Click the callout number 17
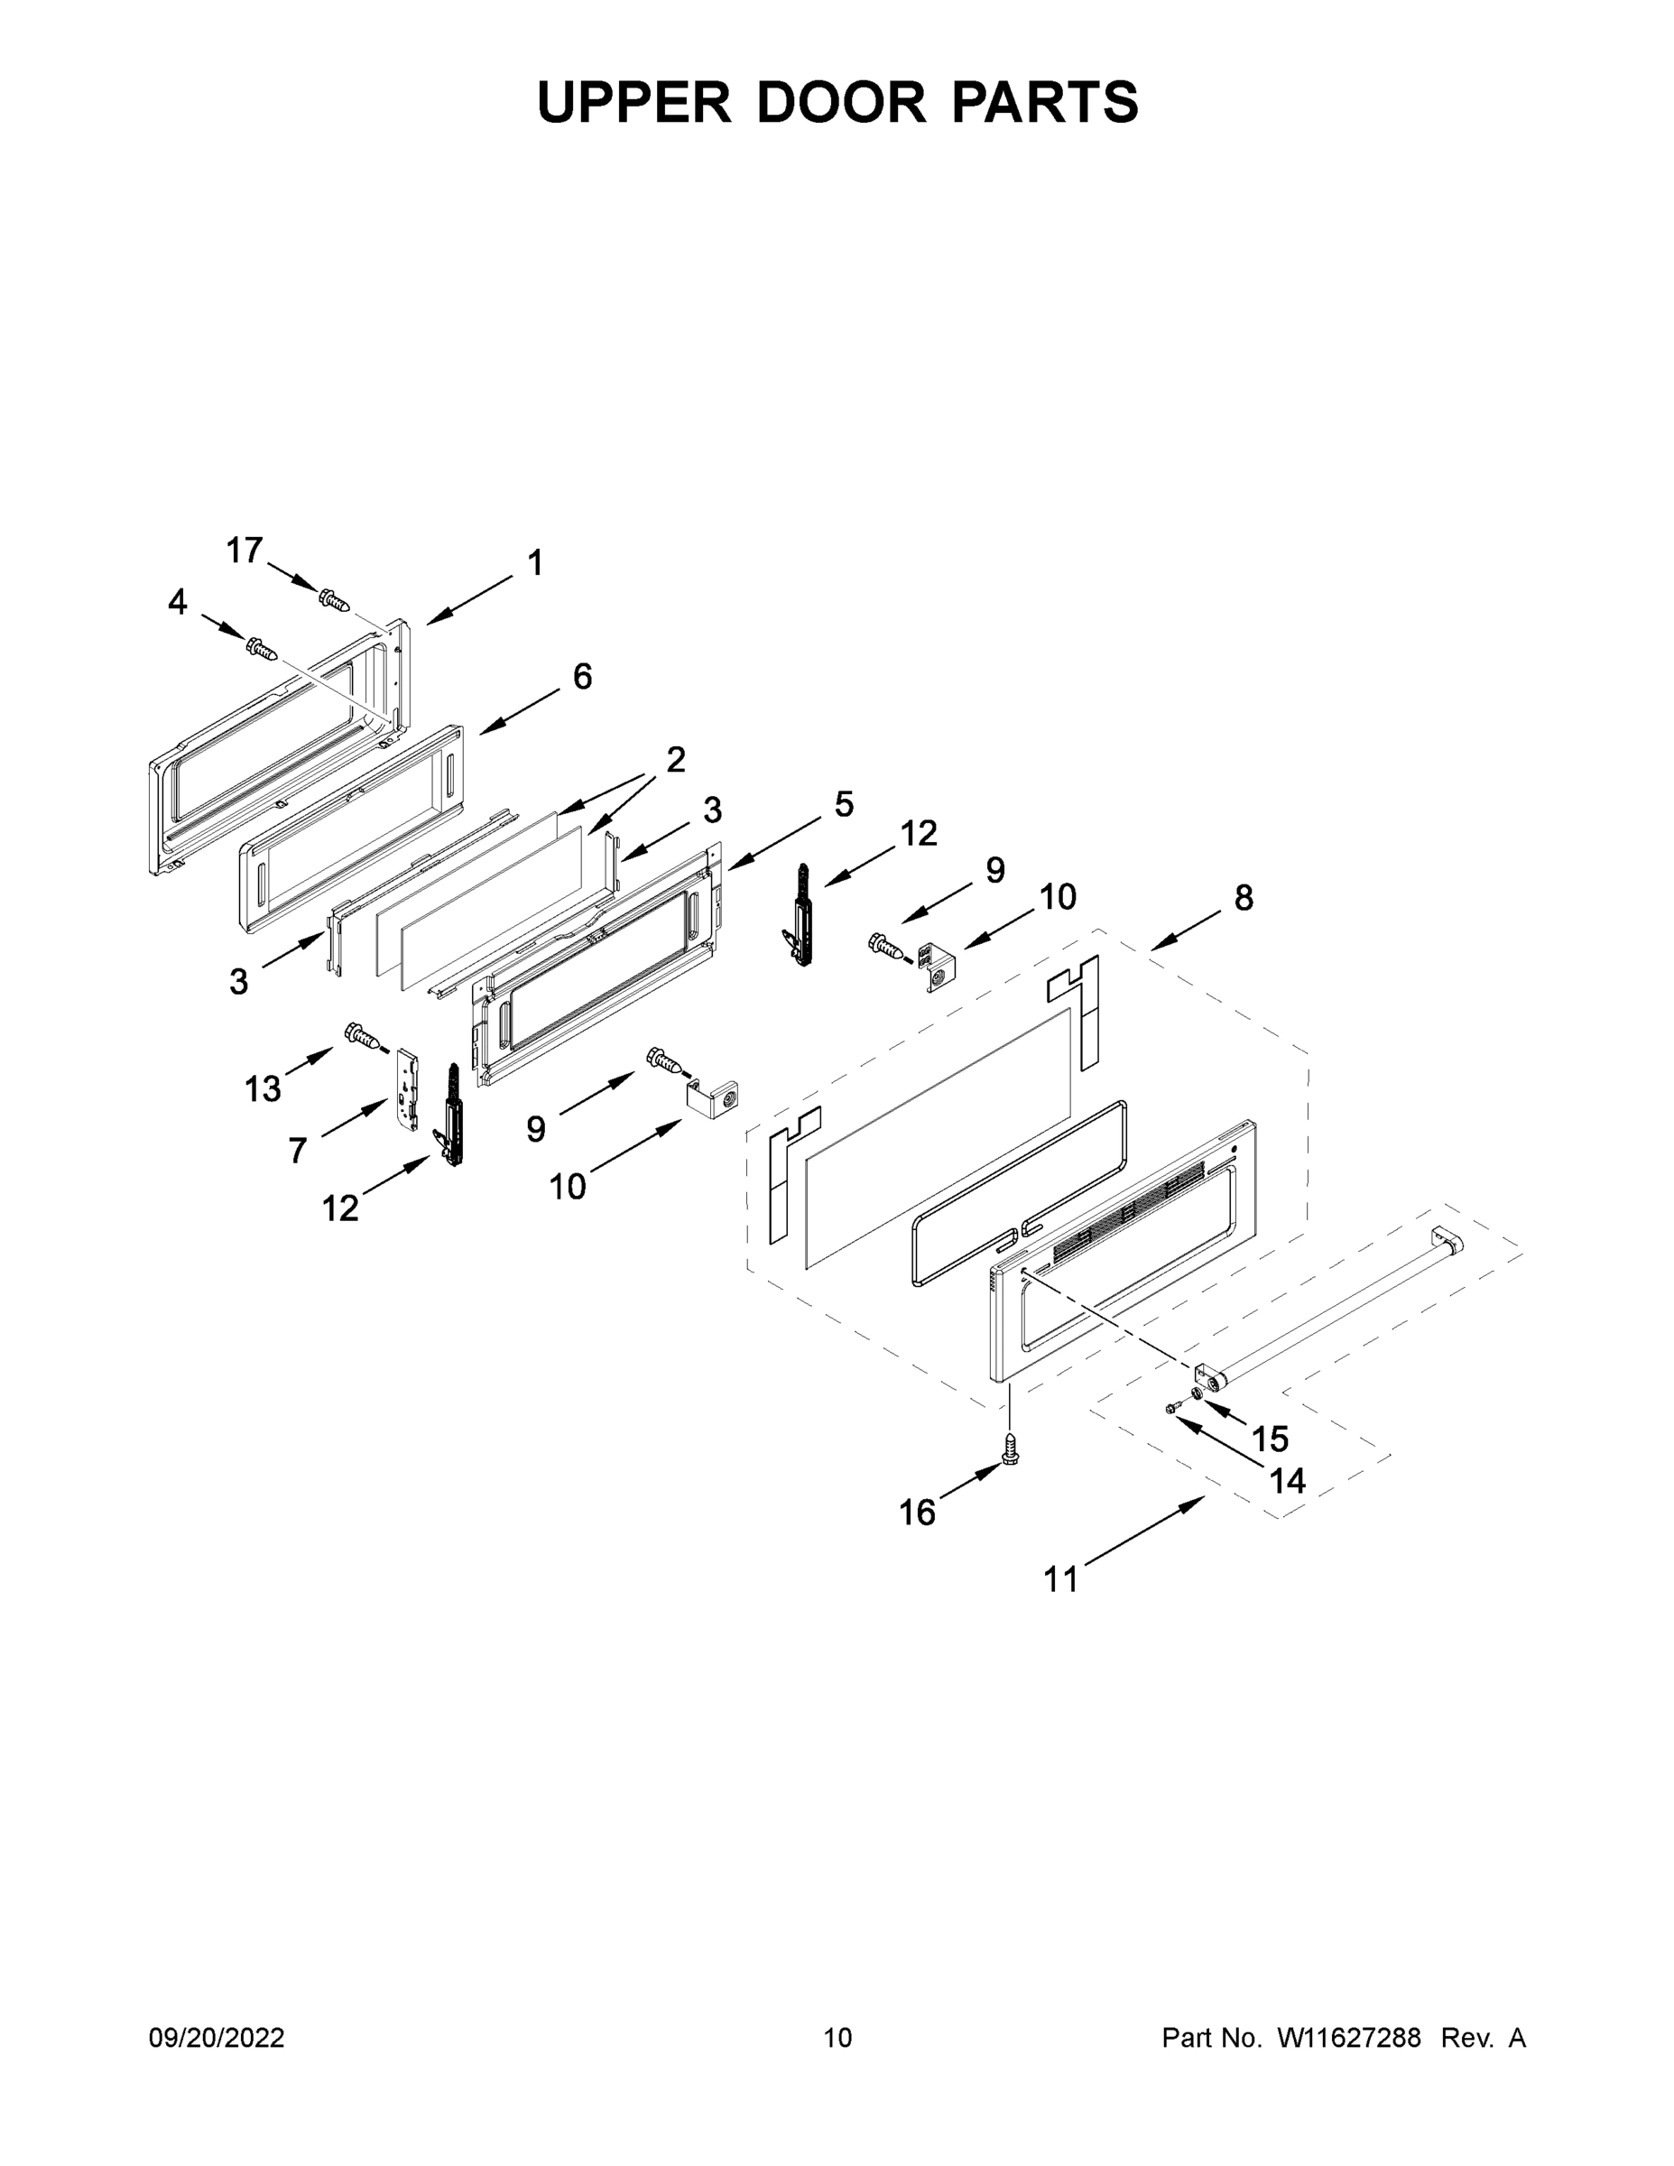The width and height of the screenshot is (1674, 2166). [x=244, y=551]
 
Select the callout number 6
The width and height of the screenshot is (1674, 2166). [x=582, y=678]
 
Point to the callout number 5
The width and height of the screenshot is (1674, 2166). [x=844, y=804]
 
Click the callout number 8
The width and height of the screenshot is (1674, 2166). [x=1244, y=899]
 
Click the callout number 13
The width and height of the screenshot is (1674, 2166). [x=263, y=1090]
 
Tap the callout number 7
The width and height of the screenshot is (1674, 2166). [x=298, y=1151]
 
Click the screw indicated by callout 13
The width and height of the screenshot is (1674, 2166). [x=363, y=1036]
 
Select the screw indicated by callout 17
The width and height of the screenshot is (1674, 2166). [x=334, y=599]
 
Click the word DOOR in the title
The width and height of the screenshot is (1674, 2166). [x=841, y=102]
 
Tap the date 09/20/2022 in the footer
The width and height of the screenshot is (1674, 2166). [x=217, y=2038]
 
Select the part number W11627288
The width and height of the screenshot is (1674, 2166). [x=1349, y=2038]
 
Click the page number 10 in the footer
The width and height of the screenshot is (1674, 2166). [x=838, y=2038]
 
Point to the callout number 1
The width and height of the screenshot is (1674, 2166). [x=535, y=563]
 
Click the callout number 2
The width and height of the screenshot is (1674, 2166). [x=675, y=761]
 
